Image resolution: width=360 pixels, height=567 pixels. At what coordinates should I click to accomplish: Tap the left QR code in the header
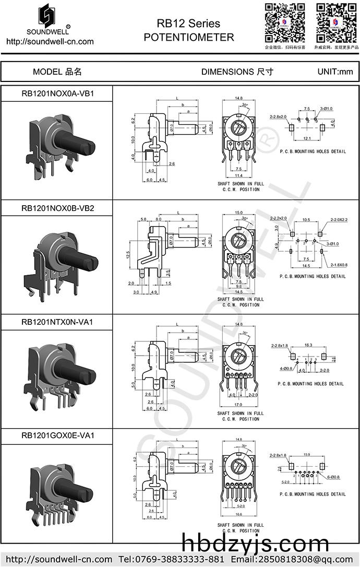click(x=284, y=22)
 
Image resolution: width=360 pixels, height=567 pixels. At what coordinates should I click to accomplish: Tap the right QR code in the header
click(x=337, y=22)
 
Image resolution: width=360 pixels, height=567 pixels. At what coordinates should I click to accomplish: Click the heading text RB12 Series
click(x=188, y=23)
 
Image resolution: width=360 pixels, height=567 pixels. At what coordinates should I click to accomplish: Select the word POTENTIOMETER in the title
click(x=188, y=37)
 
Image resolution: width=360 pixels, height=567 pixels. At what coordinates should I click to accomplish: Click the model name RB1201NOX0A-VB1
click(x=57, y=94)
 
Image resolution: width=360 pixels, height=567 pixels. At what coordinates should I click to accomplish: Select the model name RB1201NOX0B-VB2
click(x=57, y=208)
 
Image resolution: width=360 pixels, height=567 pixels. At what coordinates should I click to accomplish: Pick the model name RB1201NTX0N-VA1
click(x=57, y=322)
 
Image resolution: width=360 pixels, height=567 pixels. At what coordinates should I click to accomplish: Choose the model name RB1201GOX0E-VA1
click(x=57, y=435)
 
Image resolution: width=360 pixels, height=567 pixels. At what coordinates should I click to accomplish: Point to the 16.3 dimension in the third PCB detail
click(x=308, y=345)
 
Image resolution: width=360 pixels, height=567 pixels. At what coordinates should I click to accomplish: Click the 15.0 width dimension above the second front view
click(x=239, y=212)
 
